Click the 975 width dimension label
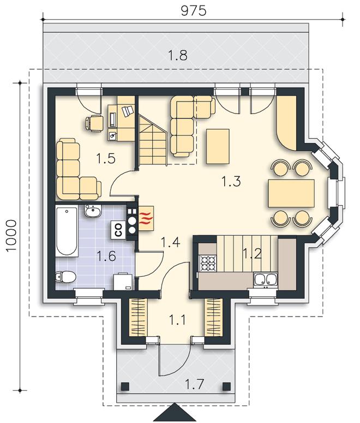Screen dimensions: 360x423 193,11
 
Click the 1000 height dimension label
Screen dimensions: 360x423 11,235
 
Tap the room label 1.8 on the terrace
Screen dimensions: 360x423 178,56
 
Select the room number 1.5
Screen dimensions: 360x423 106,158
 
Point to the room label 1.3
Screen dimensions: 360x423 231,181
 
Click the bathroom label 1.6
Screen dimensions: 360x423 106,256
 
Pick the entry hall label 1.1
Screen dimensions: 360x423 177,320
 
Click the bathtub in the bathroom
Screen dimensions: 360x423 67,231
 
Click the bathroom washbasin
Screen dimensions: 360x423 93,211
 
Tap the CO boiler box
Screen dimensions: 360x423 119,230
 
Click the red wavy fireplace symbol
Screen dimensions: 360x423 146,218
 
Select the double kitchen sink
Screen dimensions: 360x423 265,280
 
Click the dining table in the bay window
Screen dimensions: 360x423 291,193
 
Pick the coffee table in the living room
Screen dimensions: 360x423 218,146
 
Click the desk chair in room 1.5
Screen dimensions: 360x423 94,123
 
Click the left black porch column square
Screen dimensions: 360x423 124,386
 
